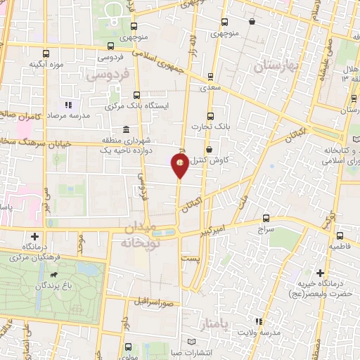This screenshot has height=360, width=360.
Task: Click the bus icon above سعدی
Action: click(210, 77)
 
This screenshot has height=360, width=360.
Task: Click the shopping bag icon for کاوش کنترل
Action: click(210, 149)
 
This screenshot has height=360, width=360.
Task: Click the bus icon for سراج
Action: click(265, 218)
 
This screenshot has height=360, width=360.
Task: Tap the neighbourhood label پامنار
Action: click(213, 323)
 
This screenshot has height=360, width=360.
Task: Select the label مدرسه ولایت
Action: click(261, 331)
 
